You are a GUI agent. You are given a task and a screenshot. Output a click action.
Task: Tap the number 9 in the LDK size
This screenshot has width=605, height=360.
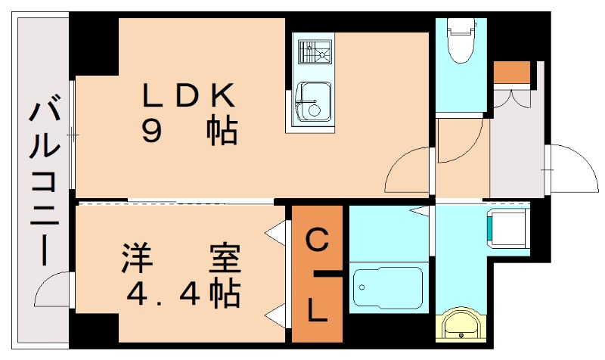[x=151, y=132]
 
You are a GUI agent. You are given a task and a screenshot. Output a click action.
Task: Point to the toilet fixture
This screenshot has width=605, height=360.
[x=459, y=42]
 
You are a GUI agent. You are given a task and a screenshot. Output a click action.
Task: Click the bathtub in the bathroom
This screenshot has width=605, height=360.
[x=386, y=288]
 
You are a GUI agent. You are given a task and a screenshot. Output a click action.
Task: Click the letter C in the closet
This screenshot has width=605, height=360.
[x=317, y=241]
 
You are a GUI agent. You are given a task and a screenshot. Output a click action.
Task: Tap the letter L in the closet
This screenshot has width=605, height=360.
[x=318, y=310]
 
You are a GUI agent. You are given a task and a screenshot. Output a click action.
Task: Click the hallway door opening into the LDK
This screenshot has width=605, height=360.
[x=408, y=171]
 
